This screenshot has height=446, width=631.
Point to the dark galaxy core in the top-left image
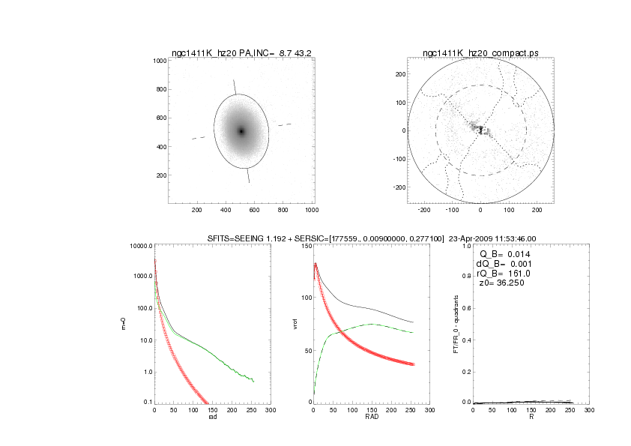[x=241, y=131]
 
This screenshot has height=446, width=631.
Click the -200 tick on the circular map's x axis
[x=423, y=211]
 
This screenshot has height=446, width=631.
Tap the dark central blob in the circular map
[x=480, y=130]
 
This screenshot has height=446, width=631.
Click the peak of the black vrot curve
[x=316, y=263]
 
